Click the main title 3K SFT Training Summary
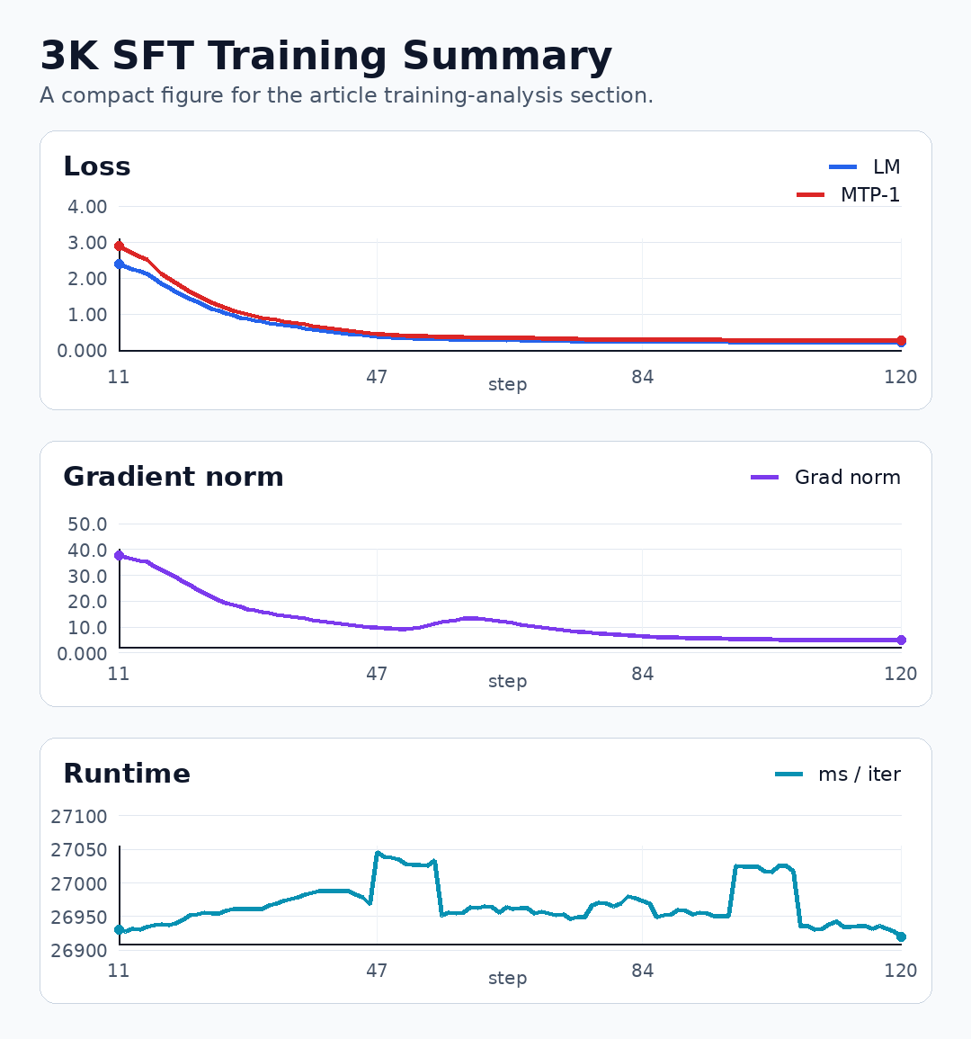click(x=325, y=56)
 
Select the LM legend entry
click(x=864, y=167)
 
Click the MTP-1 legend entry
click(x=849, y=195)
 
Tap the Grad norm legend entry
click(x=825, y=477)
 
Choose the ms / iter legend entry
click(x=838, y=774)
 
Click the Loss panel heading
click(x=97, y=166)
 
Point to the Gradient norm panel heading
click(x=173, y=477)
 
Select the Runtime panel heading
click(x=127, y=774)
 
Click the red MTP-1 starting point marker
click(x=120, y=246)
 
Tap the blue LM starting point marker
click(x=120, y=264)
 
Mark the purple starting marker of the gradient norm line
click(x=120, y=555)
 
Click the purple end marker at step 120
click(x=901, y=640)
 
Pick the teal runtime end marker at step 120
click(x=901, y=937)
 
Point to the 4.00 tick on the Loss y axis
click(x=87, y=207)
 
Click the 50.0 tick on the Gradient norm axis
click(x=87, y=524)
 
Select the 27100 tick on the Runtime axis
click(x=79, y=817)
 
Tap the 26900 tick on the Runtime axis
click(x=79, y=950)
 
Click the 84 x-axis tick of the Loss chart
click(x=643, y=377)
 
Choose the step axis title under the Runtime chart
click(x=507, y=978)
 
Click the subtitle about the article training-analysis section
click(x=346, y=95)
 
